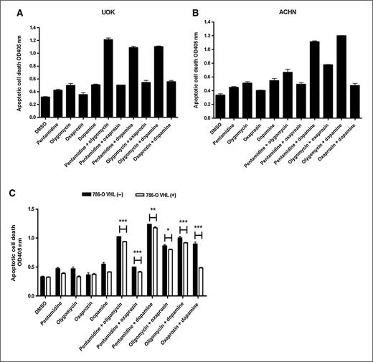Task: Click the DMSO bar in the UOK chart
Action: [x=44, y=107]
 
